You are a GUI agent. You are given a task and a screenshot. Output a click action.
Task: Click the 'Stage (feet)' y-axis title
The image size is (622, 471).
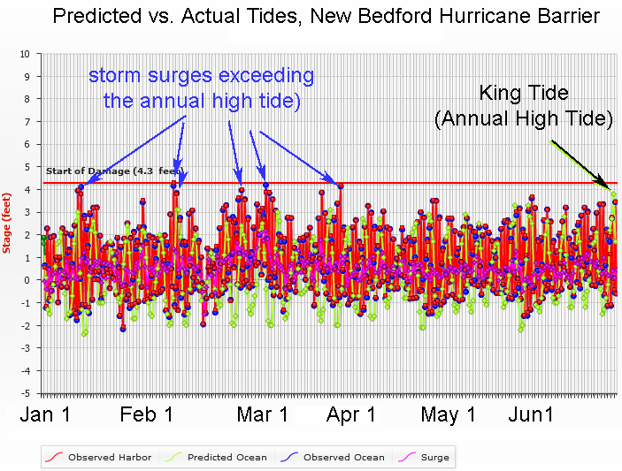coord(7,222)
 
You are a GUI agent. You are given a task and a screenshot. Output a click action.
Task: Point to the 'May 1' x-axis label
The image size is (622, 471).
coord(448,415)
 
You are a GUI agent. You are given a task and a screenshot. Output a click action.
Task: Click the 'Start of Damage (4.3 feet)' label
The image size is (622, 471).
coord(111,170)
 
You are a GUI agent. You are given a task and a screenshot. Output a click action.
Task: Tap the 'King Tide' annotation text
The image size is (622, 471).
coord(523,93)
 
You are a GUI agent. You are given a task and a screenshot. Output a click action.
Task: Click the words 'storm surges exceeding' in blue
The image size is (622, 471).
coord(201,76)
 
